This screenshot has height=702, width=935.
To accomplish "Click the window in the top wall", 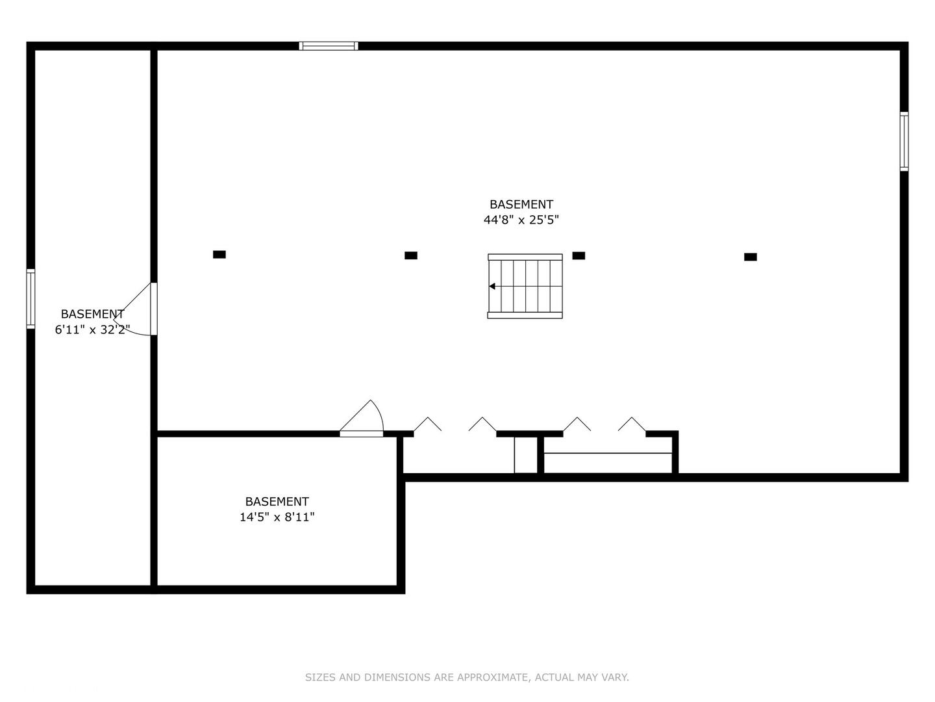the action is pos(329,46).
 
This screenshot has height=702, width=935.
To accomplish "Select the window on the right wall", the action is pos(904,142).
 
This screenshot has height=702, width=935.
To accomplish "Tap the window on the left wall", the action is pos(31,299).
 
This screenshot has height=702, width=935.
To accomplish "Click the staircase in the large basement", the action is pos(525,286).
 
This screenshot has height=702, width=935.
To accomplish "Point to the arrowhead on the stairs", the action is pos(492,287).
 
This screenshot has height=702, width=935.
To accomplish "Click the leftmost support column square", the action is pos(219,254).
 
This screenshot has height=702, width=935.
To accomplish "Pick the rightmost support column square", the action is pos(751,257).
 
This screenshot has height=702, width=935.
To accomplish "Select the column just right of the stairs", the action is pos(579,255).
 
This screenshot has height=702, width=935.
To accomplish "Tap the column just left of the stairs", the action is pos(411,255).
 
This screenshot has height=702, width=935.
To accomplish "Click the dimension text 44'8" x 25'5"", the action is pos(521,220).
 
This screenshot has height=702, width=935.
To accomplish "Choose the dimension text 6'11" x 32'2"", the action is pos(92,330).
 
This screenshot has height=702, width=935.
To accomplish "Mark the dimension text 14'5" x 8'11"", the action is pos(277,517).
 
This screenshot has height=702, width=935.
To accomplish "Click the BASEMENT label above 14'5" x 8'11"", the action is pos(277,501).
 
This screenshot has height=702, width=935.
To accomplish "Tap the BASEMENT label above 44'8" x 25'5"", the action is pos(521,205).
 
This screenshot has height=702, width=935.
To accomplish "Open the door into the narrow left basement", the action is pos(154,309).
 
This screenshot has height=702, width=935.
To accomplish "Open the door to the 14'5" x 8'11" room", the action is pos(361,434).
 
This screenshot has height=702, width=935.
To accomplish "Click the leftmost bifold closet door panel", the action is pos(428,424).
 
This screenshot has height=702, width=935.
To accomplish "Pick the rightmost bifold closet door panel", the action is pos(632,424).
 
